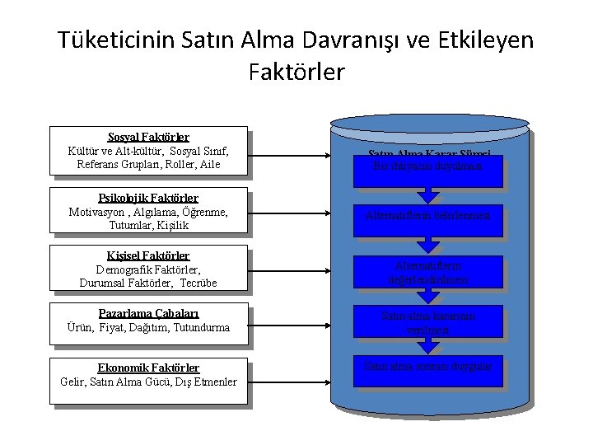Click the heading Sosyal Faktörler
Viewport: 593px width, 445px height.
pyautogui.click(x=148, y=137)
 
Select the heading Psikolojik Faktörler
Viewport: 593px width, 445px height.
pyautogui.click(x=148, y=198)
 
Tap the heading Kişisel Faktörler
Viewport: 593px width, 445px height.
pyautogui.click(x=148, y=255)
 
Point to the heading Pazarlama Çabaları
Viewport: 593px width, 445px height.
pyautogui.click(x=148, y=313)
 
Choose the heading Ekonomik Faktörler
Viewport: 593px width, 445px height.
pyautogui.click(x=148, y=368)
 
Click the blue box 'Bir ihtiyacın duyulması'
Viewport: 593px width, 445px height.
pyautogui.click(x=428, y=165)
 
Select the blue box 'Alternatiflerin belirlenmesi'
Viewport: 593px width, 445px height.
pyautogui.click(x=428, y=217)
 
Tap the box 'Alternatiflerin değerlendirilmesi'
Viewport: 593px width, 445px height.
pyautogui.click(x=428, y=273)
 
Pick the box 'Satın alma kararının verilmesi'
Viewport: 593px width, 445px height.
pyautogui.click(x=428, y=322)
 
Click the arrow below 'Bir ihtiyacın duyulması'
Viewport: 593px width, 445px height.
pyautogui.click(x=428, y=194)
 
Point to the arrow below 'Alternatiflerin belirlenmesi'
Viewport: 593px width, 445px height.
pyautogui.click(x=428, y=245)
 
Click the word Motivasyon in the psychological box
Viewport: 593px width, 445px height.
pyautogui.click(x=100, y=212)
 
